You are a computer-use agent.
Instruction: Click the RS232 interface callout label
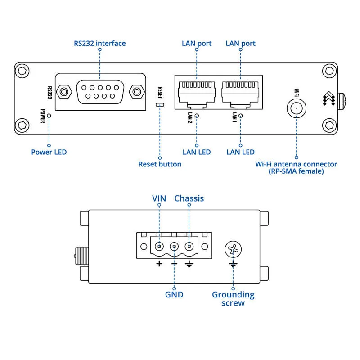pos(99,44)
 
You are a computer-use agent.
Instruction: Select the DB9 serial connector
pos(100,92)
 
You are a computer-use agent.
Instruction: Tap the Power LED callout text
pos(49,152)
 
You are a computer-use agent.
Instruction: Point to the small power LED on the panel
pos(49,115)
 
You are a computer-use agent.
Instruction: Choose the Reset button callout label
pos(160,164)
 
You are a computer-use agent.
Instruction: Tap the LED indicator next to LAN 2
pos(197,116)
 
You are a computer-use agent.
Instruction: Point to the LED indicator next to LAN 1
pos(241,116)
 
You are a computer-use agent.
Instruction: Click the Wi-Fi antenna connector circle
pos(297,108)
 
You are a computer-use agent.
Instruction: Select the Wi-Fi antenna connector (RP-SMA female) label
pos(296,168)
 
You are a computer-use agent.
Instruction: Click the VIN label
pos(159,198)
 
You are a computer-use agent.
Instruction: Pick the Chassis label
pos(189,198)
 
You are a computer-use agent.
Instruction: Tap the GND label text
pos(174,294)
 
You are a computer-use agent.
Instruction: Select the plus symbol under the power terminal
pos(159,263)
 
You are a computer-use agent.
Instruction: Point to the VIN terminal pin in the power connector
pos(159,247)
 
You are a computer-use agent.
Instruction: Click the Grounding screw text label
pos(233,298)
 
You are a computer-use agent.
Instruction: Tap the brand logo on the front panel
pos(329,99)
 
